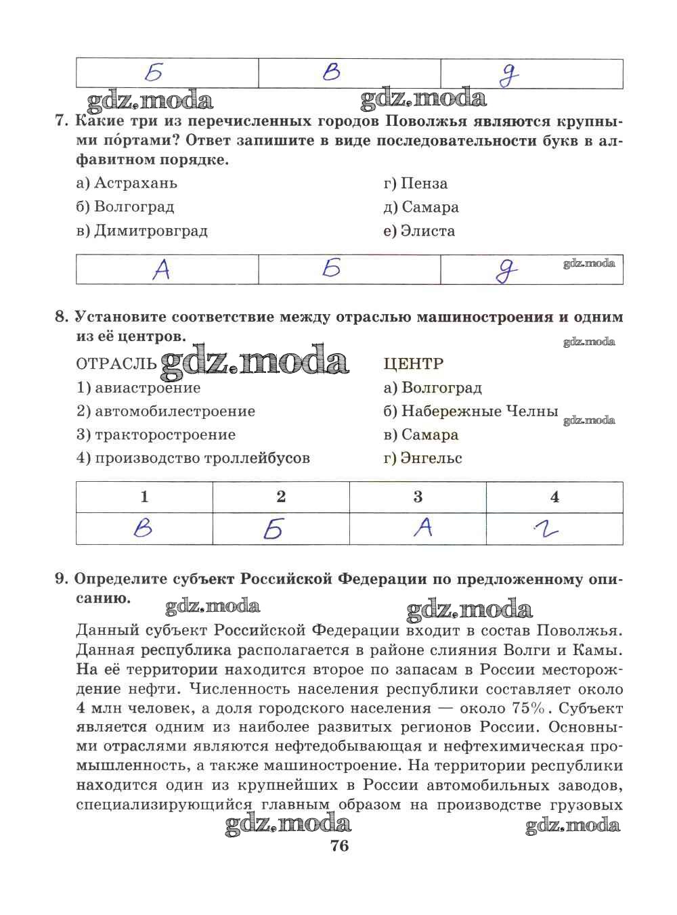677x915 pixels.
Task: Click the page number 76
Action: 339,845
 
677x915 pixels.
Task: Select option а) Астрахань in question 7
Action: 127,183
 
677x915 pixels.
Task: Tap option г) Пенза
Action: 415,183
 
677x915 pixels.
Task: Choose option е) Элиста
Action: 418,231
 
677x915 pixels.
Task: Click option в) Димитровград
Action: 141,231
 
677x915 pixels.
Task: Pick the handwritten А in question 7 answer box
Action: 161,269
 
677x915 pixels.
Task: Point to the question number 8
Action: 61,317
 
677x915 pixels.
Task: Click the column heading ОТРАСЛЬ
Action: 116,364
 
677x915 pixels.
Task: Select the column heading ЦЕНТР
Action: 413,364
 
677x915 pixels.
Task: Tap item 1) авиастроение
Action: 138,388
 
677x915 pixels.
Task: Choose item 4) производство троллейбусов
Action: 193,458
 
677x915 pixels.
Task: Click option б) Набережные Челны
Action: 470,411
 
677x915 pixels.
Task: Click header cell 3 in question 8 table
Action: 418,497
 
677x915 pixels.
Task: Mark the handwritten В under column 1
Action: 143,529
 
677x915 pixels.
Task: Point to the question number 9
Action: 61,579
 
